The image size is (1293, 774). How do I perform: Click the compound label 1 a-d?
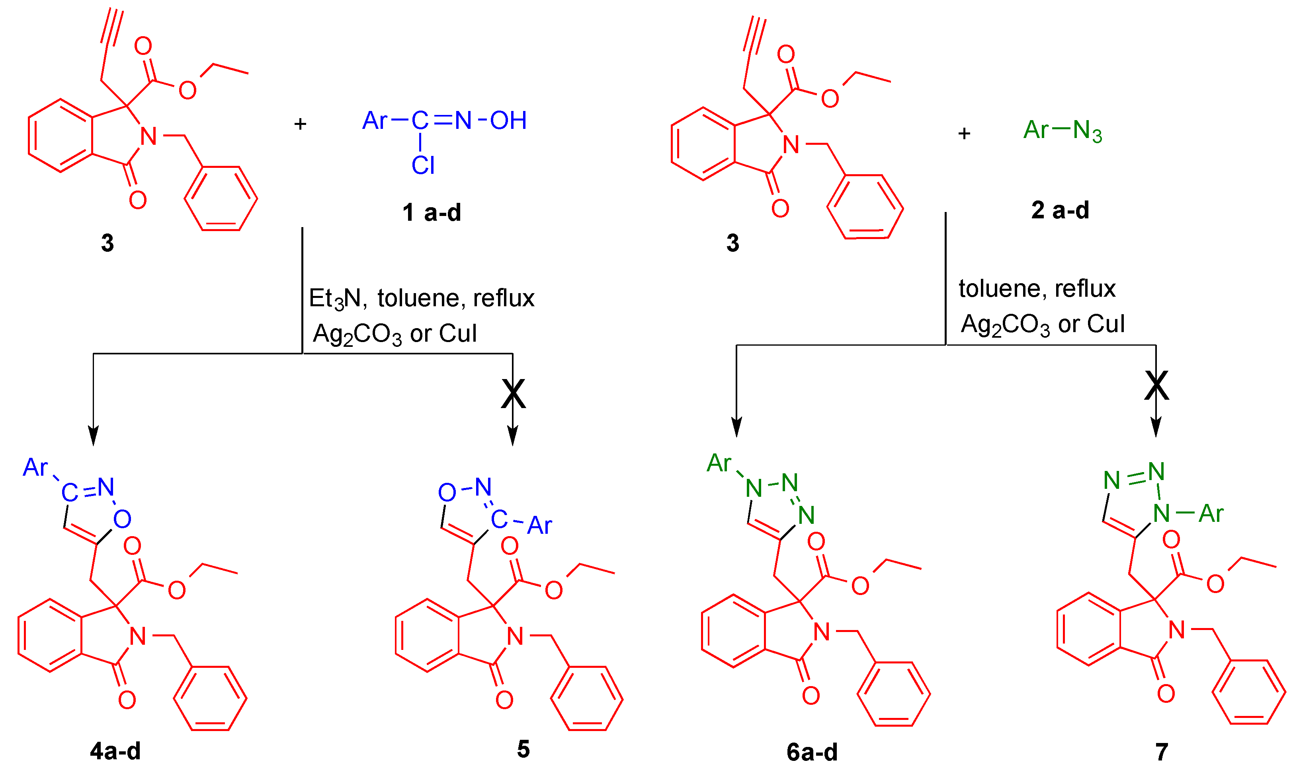431,213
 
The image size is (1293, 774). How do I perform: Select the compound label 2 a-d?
1060,210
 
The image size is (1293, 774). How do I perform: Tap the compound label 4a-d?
115,751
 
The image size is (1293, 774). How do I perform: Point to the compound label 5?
523,749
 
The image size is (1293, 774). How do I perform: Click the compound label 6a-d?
812,752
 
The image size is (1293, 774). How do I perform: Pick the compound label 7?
1162,752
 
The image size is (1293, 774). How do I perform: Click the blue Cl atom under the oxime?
423,166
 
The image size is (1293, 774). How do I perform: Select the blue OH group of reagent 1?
508,121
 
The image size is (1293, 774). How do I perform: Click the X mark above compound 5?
513,394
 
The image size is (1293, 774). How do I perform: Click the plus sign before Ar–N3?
964,134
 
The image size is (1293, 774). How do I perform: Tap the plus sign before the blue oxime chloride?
300,124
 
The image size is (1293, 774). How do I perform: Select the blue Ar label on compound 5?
539,525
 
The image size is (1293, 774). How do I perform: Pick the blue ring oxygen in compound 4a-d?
122,519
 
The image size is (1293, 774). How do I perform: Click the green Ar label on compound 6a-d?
719,463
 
